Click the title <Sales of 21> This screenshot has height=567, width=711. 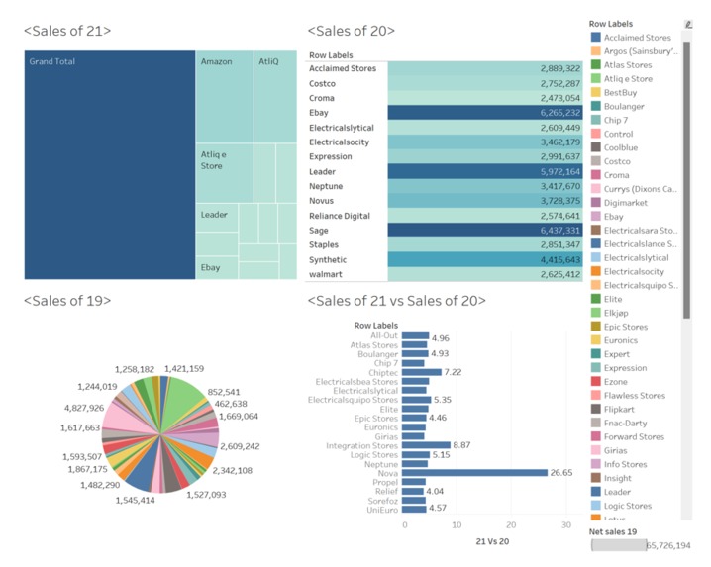pos(67,31)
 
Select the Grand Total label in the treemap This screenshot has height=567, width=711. pos(52,62)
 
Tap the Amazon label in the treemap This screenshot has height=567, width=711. pos(216,62)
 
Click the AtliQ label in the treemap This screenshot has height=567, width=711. pos(269,62)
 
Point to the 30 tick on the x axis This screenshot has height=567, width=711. pos(565,524)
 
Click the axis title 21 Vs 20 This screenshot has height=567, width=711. pos(492,542)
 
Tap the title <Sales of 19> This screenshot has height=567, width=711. pos(67,301)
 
